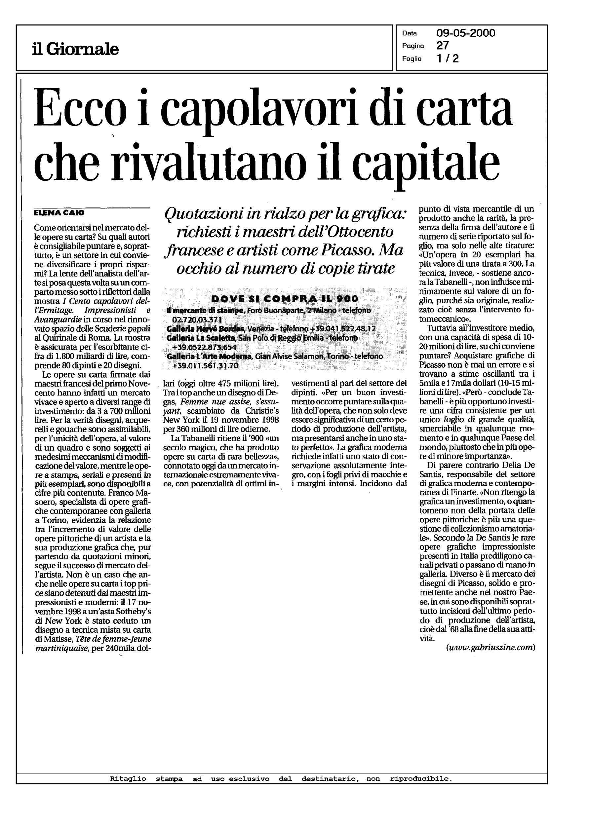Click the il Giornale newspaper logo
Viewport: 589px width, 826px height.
[x=75, y=49]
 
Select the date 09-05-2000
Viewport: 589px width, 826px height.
[x=466, y=33]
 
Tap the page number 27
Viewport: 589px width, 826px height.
[x=443, y=46]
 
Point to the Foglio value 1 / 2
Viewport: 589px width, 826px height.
[x=448, y=58]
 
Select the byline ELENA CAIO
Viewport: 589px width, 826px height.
[x=59, y=213]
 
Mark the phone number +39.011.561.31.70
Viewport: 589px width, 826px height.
[x=205, y=366]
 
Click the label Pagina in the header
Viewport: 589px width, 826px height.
[x=413, y=46]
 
